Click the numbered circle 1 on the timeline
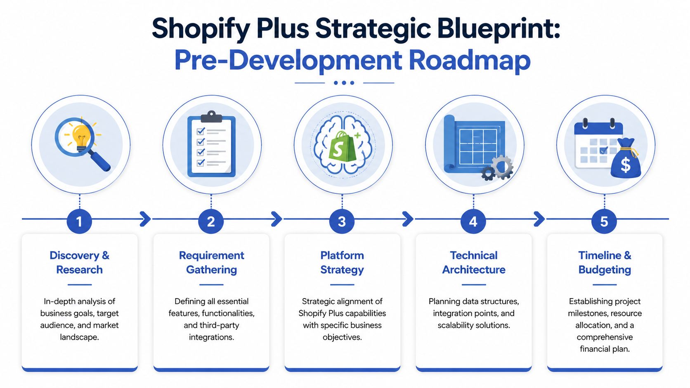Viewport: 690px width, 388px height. pos(79,221)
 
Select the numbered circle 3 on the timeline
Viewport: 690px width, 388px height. pos(342,221)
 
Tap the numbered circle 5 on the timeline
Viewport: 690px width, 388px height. pos(604,221)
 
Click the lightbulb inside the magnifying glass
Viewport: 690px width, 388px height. pos(81,135)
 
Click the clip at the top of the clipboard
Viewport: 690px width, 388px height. pos(211,116)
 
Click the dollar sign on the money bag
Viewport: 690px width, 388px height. pos(626,165)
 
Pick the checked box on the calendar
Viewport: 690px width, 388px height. pos(603,150)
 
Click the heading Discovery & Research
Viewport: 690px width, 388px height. pos(79,262)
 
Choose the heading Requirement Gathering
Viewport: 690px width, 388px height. pos(211,262)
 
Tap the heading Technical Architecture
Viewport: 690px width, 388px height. pos(474,262)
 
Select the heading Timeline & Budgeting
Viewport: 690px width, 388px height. pos(605,262)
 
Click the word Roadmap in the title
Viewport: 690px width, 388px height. pos(469,60)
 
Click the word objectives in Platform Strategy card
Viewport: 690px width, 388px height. pos(342,337)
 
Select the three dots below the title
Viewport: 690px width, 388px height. pos(344,83)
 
